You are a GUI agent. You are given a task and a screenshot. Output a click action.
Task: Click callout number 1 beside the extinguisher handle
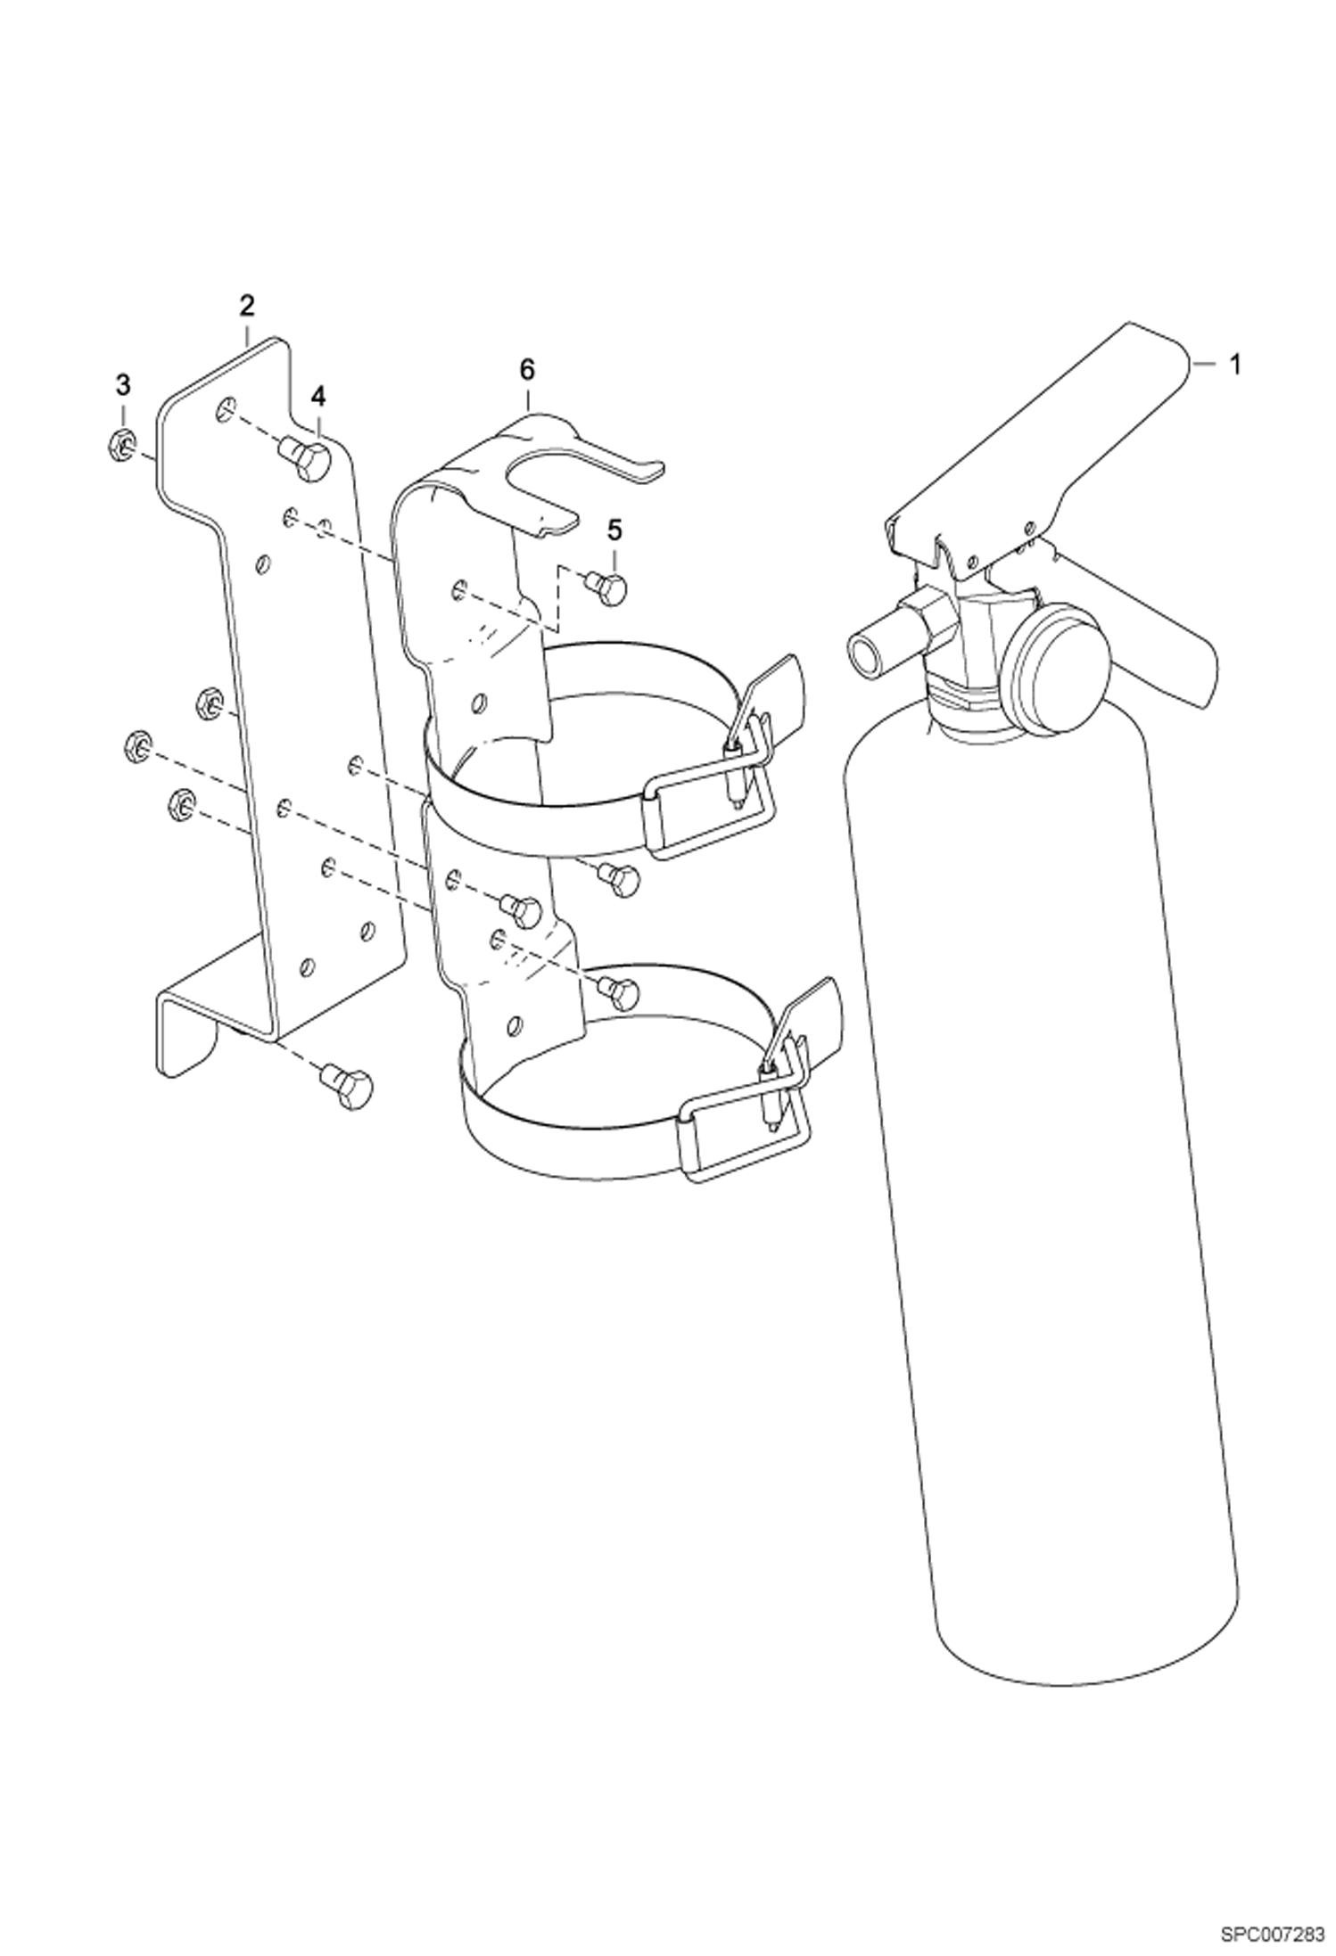pyautogui.click(x=1235, y=365)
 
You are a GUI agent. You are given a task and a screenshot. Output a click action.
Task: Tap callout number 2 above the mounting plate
pyautogui.click(x=246, y=306)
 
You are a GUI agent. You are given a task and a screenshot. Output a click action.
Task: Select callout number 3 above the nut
pyautogui.click(x=123, y=385)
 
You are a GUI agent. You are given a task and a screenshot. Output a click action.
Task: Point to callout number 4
pyautogui.click(x=318, y=396)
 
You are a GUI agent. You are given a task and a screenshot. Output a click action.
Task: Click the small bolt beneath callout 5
pyautogui.click(x=609, y=588)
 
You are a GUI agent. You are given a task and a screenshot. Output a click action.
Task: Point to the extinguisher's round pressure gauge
pyautogui.click(x=1058, y=653)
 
